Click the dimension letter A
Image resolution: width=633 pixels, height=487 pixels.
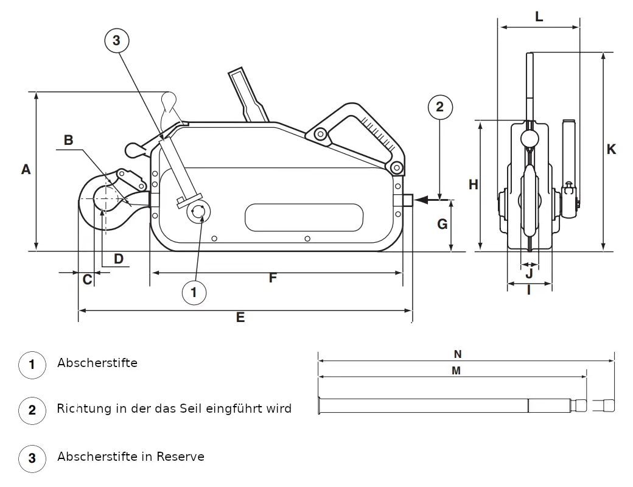coord(26,169)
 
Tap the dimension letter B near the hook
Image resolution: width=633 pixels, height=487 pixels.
coord(69,140)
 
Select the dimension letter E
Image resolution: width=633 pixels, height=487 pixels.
coord(240,317)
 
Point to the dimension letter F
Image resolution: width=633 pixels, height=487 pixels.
coord(273,278)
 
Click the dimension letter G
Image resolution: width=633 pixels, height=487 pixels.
coord(442,224)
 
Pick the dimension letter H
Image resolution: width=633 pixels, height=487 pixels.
coord(473,185)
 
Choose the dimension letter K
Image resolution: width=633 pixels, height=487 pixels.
coord(611,149)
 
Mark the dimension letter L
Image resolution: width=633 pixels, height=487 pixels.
coord(539,17)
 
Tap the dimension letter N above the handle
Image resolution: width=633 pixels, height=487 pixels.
coord(458,354)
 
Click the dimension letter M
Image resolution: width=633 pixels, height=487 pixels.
coord(456,371)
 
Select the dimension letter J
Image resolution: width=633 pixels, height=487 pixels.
coord(529,272)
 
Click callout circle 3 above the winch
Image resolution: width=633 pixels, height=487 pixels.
coord(117,41)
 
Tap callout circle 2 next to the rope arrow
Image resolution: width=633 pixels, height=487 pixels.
coord(440,107)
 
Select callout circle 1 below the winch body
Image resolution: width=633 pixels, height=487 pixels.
coord(194,293)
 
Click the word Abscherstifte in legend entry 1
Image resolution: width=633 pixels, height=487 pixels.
coord(97,363)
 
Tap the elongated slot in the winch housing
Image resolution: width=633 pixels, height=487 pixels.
coord(304,217)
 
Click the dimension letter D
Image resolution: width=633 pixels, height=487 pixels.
coord(118,259)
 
